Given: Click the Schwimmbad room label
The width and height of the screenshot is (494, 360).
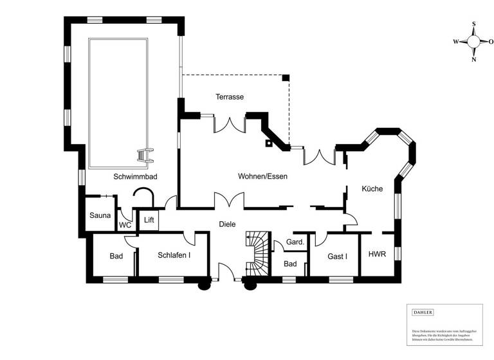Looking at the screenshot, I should pyautogui.click(x=135, y=176).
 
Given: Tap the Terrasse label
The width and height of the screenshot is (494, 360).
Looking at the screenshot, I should pyautogui.click(x=229, y=96).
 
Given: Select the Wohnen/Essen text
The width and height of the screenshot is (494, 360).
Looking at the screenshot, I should pyautogui.click(x=262, y=176).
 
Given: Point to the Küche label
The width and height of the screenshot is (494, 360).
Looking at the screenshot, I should pyautogui.click(x=372, y=189).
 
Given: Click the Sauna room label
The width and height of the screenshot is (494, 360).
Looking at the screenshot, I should pyautogui.click(x=100, y=215).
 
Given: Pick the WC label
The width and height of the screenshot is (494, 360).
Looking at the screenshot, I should pyautogui.click(x=125, y=226).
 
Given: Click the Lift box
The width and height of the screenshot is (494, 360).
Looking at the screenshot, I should pyautogui.click(x=149, y=221).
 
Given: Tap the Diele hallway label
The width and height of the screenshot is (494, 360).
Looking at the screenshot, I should pyautogui.click(x=227, y=224).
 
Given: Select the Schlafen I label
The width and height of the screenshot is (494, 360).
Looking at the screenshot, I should pyautogui.click(x=174, y=255).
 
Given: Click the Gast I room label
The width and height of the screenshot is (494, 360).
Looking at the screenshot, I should pyautogui.click(x=337, y=256).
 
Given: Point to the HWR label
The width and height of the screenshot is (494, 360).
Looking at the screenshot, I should pyautogui.click(x=377, y=254).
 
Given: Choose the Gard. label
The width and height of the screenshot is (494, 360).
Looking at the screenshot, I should pyautogui.click(x=295, y=242).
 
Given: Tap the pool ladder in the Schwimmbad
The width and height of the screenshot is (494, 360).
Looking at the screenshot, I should pyautogui.click(x=145, y=156).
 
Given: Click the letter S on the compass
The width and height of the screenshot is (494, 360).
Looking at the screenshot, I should pyautogui.click(x=474, y=24).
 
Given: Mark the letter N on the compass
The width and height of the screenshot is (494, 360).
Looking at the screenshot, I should pyautogui.click(x=474, y=60).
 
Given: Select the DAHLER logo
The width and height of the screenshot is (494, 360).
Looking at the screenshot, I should pyautogui.click(x=423, y=312).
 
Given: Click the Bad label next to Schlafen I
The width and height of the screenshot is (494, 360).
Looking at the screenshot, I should pyautogui.click(x=116, y=256).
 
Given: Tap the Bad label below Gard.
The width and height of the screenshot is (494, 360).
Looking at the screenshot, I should pyautogui.click(x=290, y=264).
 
